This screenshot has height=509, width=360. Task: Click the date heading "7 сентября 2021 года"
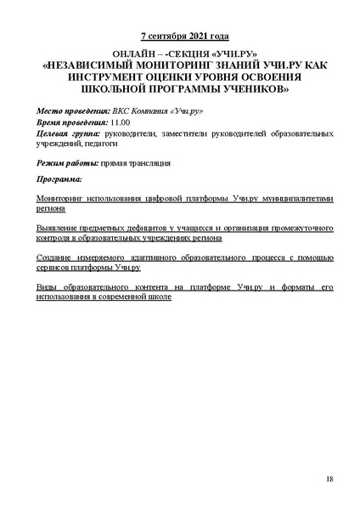point(180,37)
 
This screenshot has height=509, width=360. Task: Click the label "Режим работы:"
point(67,161)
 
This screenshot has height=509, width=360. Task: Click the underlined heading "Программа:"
point(59,179)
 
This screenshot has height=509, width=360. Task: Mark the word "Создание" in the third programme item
point(57,257)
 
